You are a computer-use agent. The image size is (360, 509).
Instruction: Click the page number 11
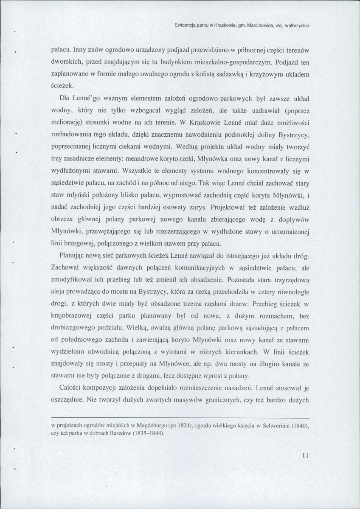[x=305, y=456]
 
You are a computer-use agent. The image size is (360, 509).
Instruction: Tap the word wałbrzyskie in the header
[x=294, y=25]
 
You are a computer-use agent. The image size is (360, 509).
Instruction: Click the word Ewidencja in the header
[x=187, y=25]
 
